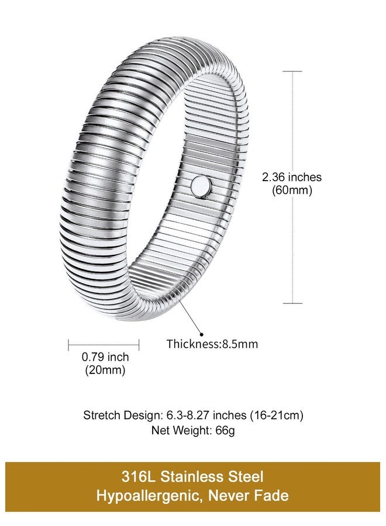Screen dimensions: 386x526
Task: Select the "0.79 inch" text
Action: [x=105, y=357]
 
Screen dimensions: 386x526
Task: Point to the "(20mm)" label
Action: [x=105, y=370]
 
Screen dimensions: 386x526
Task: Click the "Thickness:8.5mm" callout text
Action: [x=212, y=344]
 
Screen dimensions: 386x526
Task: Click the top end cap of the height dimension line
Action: [x=292, y=71]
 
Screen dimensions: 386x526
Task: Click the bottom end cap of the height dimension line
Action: [x=292, y=303]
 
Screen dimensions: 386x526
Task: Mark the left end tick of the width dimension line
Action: [x=68, y=344]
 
